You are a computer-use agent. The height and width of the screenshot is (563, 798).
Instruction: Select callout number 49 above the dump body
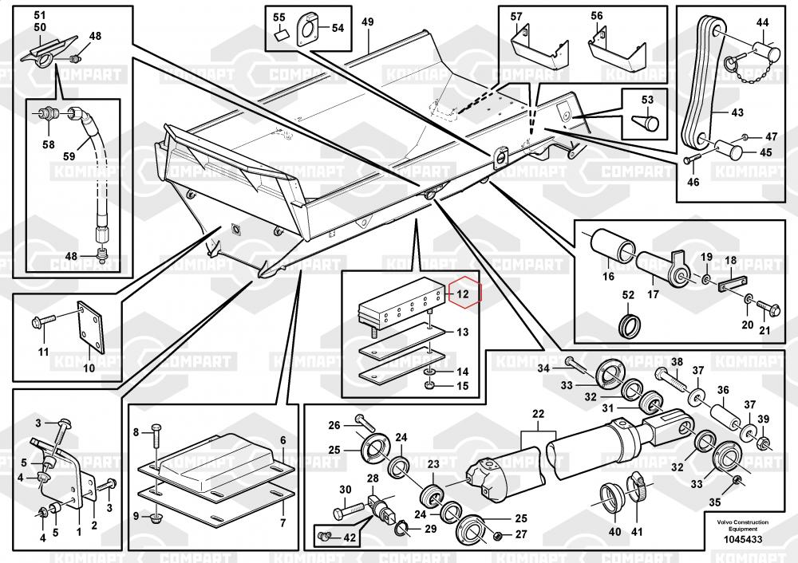tap(367, 22)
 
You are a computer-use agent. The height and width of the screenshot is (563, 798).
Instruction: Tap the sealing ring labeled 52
tap(628, 325)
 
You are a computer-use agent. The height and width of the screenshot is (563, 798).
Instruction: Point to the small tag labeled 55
tap(279, 34)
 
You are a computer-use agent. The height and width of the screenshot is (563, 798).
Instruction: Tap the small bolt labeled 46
tap(689, 161)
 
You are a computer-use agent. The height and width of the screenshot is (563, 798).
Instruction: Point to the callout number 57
tap(516, 16)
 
